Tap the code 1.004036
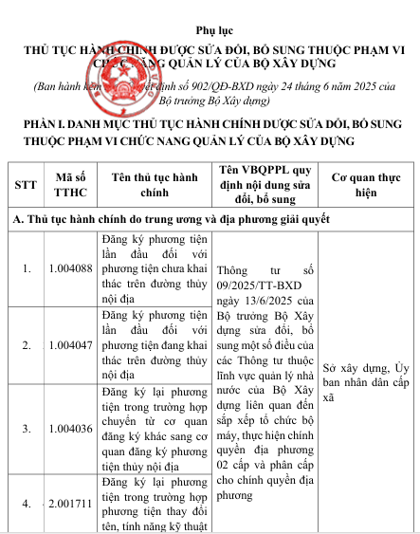coord(71,429)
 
